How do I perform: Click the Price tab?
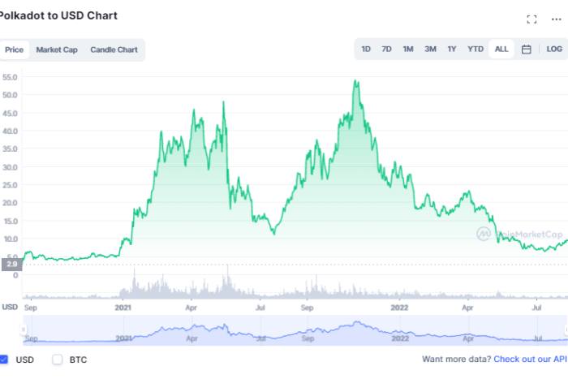pyautogui.click(x=14, y=50)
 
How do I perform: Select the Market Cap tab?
pyautogui.click(x=57, y=50)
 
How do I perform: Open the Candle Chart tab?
pyautogui.click(x=114, y=50)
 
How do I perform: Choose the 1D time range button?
pyautogui.click(x=366, y=50)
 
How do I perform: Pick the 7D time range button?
pyautogui.click(x=386, y=50)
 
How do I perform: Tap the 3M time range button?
pyautogui.click(x=430, y=50)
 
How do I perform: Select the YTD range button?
pyautogui.click(x=475, y=50)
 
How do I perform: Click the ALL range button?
pyautogui.click(x=501, y=50)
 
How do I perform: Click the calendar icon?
pyautogui.click(x=527, y=50)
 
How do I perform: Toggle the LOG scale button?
pyautogui.click(x=554, y=50)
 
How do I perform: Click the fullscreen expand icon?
pyautogui.click(x=532, y=19)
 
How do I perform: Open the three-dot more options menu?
pyautogui.click(x=556, y=19)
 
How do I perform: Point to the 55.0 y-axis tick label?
pyautogui.click(x=11, y=78)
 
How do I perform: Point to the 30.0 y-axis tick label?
pyautogui.click(x=11, y=167)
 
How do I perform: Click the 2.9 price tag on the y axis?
pyautogui.click(x=11, y=265)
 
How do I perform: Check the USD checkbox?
pyautogui.click(x=4, y=359)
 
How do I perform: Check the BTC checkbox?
pyautogui.click(x=57, y=359)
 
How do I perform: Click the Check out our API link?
pyautogui.click(x=530, y=359)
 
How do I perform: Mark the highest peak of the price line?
pyautogui.click(x=355, y=80)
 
